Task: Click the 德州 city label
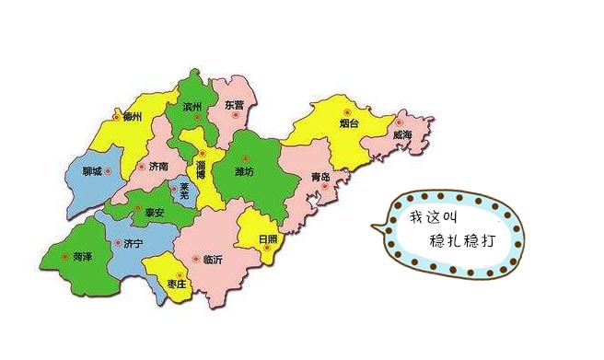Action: coord(132,117)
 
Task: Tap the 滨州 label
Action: coord(192,106)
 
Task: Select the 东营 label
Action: coord(234,105)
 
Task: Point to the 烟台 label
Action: coord(348,122)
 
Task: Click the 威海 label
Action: coord(402,134)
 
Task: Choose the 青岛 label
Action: coord(320,175)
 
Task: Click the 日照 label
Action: coord(268,238)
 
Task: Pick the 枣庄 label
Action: coord(179,285)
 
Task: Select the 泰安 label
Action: coord(155,212)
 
